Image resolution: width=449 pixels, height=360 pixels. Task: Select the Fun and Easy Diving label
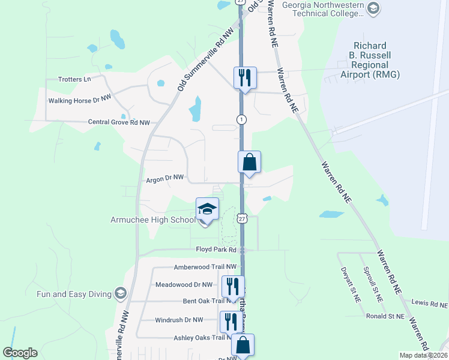[74, 294]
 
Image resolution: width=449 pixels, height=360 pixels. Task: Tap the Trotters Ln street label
[75, 79]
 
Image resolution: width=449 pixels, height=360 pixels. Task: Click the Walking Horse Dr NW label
[80, 100]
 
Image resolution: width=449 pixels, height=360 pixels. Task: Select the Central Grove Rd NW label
[119, 122]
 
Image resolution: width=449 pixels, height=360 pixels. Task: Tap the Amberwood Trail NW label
[205, 267]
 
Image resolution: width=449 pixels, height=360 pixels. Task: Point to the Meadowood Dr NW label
[184, 284]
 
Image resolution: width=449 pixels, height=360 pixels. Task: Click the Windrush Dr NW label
[179, 320]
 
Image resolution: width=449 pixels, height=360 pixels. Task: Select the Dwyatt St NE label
[349, 285]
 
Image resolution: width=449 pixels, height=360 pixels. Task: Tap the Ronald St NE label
[385, 316]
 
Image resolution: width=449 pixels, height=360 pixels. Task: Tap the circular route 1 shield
[241, 119]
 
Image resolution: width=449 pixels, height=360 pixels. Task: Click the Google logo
[20, 353]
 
